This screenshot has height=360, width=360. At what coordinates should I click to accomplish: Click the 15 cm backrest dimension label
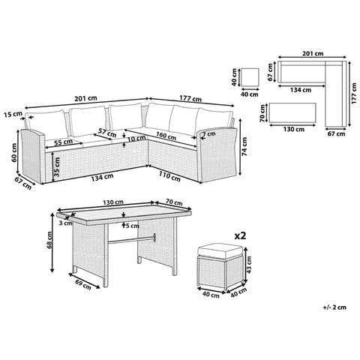(13, 115)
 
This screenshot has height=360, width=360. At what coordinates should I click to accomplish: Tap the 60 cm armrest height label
(14, 152)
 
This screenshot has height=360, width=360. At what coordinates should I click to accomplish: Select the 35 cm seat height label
(57, 167)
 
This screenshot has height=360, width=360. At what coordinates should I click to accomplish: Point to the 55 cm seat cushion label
(64, 142)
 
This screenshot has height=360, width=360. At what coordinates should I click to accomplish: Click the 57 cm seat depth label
(107, 133)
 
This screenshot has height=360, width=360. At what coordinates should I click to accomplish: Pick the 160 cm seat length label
(166, 136)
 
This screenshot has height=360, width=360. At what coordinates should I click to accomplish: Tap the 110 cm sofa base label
(169, 177)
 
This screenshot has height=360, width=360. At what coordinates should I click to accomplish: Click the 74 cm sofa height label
(244, 147)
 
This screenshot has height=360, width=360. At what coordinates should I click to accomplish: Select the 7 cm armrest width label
(209, 134)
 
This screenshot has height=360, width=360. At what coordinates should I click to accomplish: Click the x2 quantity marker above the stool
(240, 235)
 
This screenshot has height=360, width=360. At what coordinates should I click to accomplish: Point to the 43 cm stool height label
(250, 265)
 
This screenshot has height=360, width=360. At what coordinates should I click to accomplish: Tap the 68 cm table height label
(49, 240)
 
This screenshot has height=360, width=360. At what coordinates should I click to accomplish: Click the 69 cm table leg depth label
(83, 285)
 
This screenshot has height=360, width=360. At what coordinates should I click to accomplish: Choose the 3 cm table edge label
(65, 223)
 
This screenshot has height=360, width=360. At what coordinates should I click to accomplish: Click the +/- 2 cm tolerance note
(334, 307)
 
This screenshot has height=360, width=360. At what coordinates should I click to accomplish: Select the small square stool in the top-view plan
(250, 77)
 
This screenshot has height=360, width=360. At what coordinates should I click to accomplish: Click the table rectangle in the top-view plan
(292, 112)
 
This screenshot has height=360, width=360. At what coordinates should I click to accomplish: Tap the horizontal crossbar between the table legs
(132, 238)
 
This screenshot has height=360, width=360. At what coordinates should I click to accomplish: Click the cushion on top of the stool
(220, 252)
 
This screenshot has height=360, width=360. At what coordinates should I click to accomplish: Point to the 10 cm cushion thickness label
(136, 138)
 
